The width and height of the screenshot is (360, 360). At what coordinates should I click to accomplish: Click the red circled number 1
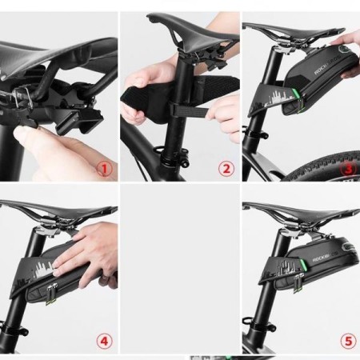[x=105, y=169]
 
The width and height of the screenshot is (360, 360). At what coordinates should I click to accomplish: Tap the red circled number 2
[x=226, y=169]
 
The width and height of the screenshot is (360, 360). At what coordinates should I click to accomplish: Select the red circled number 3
[x=347, y=169]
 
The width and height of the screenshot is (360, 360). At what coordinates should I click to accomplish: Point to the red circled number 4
[x=105, y=341]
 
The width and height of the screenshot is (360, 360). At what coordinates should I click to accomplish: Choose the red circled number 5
[x=347, y=341]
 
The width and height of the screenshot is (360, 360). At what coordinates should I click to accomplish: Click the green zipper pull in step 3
[x=298, y=101]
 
